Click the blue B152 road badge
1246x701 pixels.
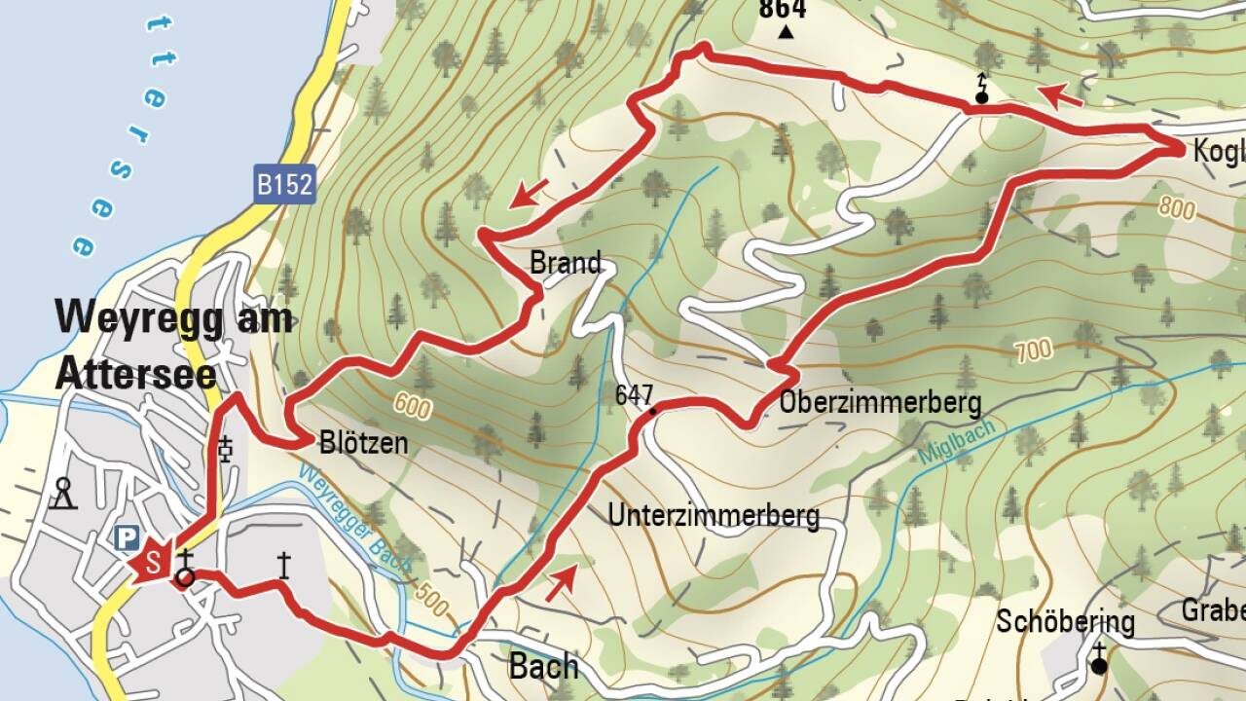tap(285, 185)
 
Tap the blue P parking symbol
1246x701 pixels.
tap(127, 537)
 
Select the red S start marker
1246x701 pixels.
tap(151, 563)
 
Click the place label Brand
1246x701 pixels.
tap(566, 263)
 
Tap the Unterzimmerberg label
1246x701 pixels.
tap(714, 514)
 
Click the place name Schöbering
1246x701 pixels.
tap(1065, 621)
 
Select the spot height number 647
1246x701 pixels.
tap(634, 394)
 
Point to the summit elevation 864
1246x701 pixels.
tap(783, 10)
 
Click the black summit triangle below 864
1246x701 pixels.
tap(787, 33)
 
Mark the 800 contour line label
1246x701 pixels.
tap(1177, 206)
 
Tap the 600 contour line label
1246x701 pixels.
tap(414, 406)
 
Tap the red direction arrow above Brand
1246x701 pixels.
tap(531, 194)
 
